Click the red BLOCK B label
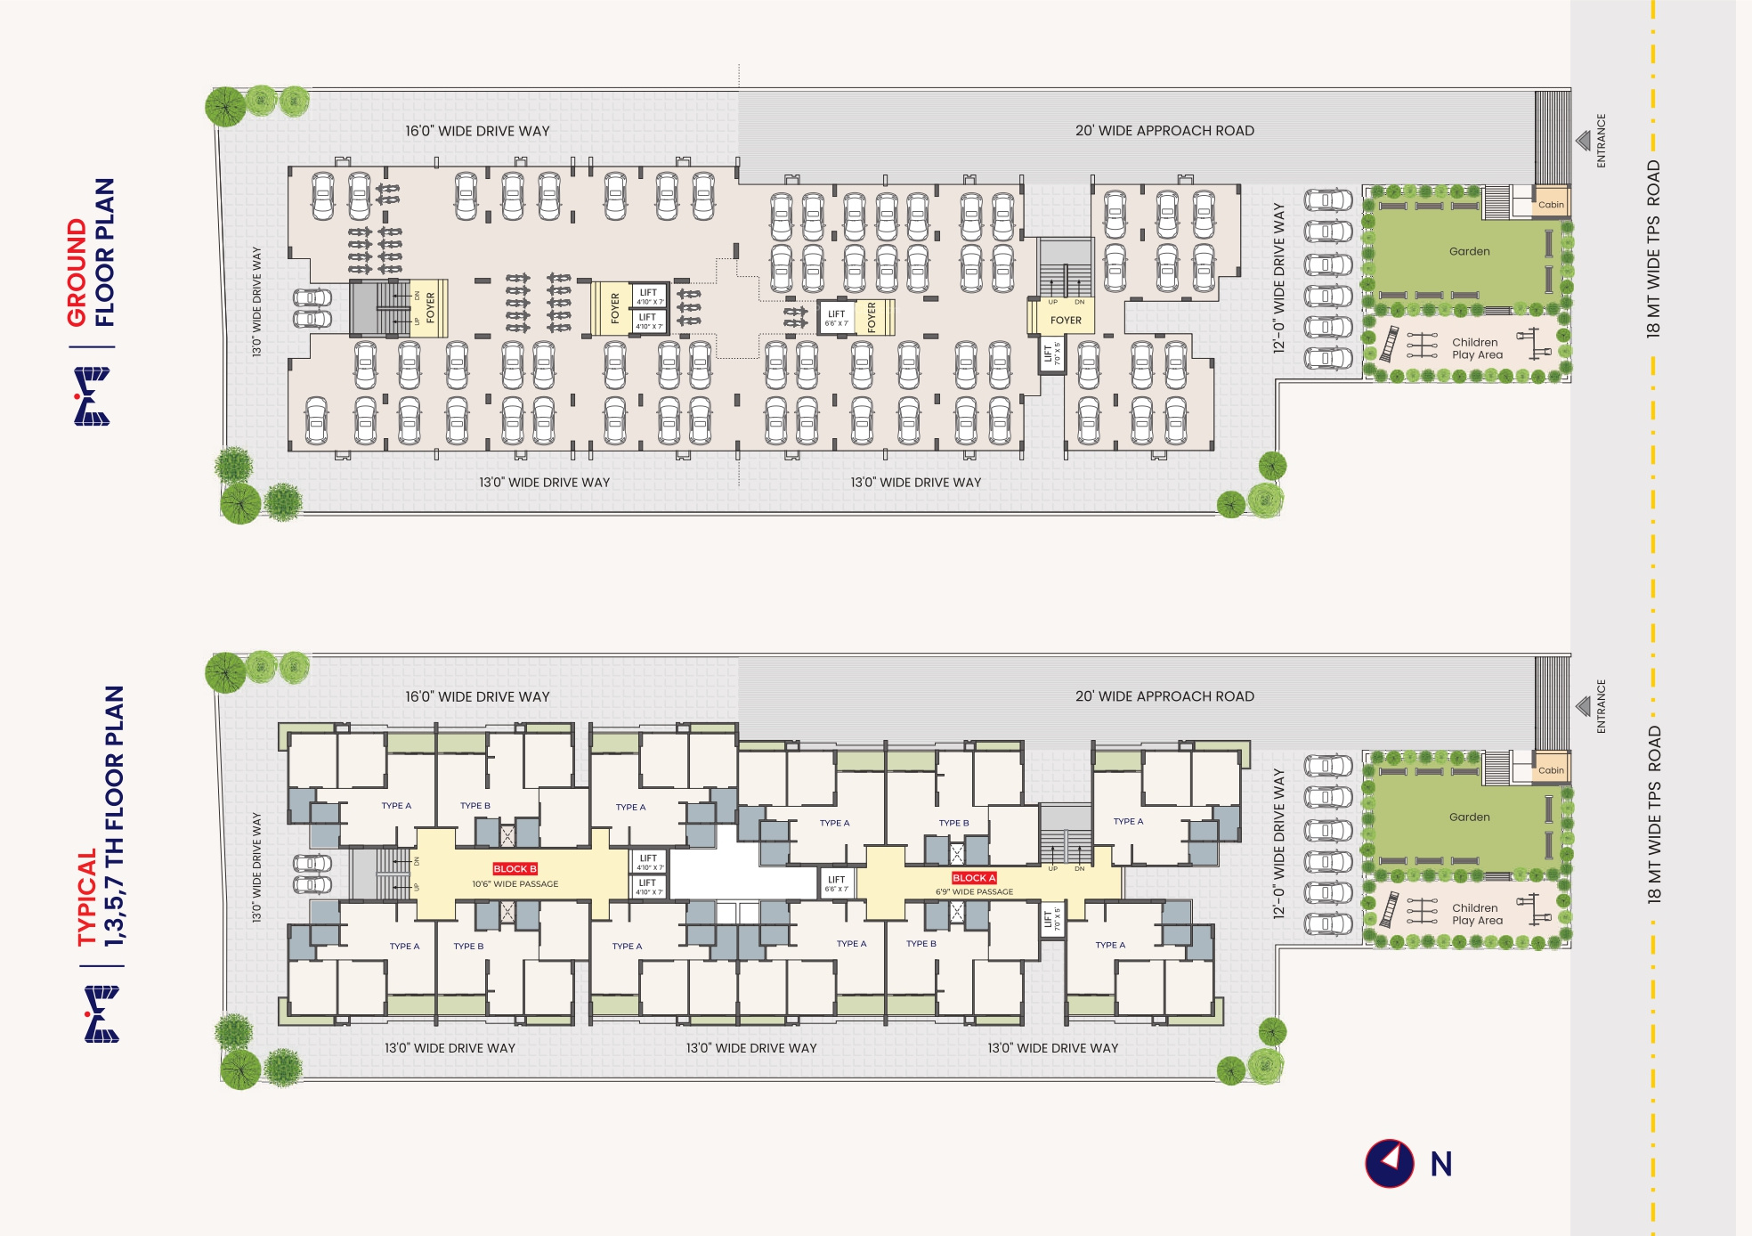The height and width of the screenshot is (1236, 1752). pos(515,868)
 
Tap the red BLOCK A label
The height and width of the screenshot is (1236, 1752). pos(974,877)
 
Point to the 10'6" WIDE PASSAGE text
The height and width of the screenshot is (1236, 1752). pos(515,884)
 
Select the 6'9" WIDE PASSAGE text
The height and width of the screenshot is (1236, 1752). pos(974,891)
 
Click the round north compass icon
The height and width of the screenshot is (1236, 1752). pos(1389,1163)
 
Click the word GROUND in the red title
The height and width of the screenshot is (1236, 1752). pos(77,272)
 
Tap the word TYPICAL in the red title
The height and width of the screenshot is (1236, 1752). pos(86,897)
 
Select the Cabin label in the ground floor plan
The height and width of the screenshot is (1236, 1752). pos(1551,205)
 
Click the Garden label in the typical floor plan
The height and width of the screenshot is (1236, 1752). pos(1469,817)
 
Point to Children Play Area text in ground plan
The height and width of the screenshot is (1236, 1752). pos(1477,348)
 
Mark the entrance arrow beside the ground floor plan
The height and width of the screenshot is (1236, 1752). pos(1583,141)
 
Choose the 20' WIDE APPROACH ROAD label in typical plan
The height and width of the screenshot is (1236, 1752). pos(1164,696)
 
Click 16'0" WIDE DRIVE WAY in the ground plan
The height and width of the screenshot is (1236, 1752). pos(477,131)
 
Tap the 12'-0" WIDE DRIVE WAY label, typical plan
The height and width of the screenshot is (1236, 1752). pos(1279,843)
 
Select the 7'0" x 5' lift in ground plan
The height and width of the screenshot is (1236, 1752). pos(1052,354)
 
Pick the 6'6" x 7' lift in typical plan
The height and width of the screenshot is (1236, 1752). pos(836,883)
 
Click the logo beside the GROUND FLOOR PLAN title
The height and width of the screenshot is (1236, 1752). pos(92,396)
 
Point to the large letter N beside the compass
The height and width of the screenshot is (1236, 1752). pos(1441,1164)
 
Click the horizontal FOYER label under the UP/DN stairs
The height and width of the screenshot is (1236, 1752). pos(1066,321)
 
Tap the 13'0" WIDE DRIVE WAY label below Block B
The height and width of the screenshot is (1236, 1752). pos(450,1048)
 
